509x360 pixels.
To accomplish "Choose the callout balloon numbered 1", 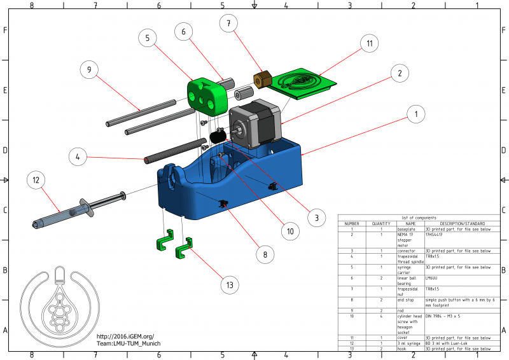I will [415, 114].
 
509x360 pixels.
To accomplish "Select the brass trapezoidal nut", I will [262, 81].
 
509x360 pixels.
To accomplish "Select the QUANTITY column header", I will [380, 224].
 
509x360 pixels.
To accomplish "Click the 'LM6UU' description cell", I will [433, 278].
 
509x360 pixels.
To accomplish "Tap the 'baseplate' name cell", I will [407, 230].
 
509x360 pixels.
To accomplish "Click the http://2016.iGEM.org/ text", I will [125, 336].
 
